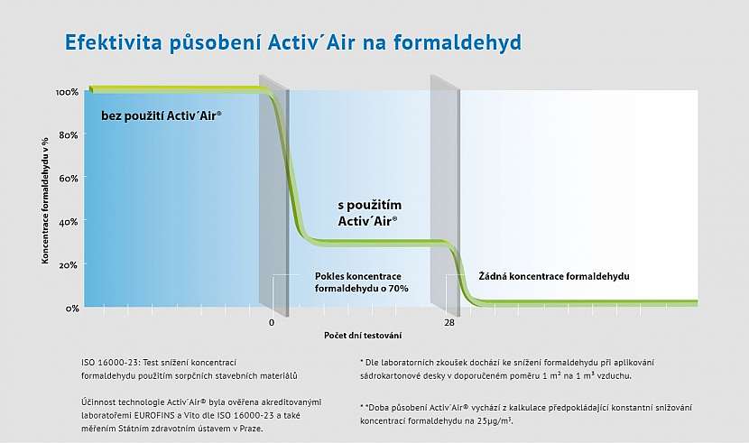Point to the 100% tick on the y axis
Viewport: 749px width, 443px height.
point(67,92)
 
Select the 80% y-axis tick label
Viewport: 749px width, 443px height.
point(69,135)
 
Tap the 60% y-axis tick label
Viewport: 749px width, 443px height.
point(69,179)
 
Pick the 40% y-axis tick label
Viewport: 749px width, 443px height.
point(69,222)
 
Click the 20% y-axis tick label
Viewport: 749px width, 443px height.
point(69,265)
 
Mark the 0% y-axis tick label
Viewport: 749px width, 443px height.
point(70,308)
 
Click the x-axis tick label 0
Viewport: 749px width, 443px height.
point(271,322)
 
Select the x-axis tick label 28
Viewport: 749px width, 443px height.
point(448,322)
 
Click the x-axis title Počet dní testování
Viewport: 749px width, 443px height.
point(363,336)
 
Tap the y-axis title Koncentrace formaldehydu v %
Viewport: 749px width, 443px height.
point(44,199)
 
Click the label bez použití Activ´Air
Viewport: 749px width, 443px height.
point(162,116)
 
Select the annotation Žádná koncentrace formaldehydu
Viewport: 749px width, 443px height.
point(552,275)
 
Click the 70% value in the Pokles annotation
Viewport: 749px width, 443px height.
point(398,289)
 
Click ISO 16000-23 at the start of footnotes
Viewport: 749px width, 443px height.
point(106,362)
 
